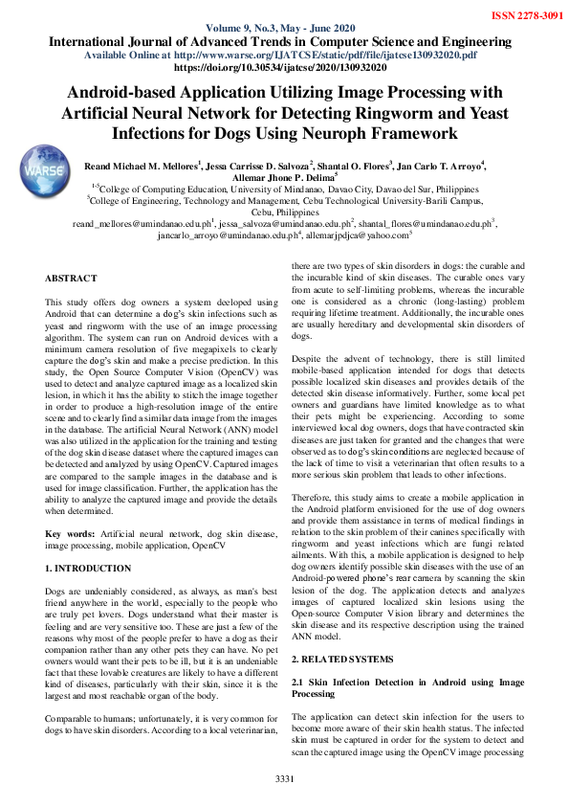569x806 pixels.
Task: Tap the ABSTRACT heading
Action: point(72,279)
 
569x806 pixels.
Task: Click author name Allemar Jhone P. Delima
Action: point(283,178)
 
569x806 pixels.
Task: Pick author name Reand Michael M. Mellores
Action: point(143,166)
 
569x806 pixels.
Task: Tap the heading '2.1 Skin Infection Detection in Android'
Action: point(408,655)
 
